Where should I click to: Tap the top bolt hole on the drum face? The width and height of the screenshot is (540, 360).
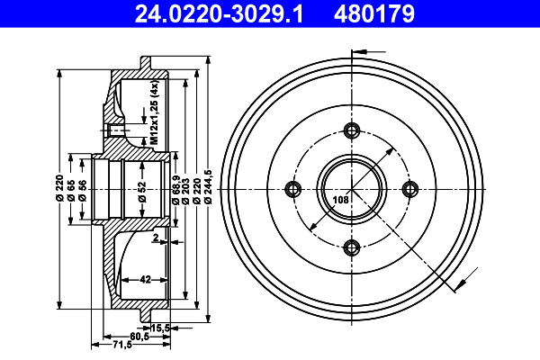[x=352, y=130]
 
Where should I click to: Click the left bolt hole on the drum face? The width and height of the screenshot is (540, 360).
[x=292, y=188]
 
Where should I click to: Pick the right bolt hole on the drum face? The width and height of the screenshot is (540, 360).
[x=411, y=188]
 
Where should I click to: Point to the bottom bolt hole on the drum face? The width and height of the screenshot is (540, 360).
[x=352, y=247]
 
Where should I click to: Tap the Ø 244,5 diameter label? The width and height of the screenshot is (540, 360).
[x=208, y=187]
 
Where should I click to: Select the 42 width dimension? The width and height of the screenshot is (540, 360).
[x=144, y=280]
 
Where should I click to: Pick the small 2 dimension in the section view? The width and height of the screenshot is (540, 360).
[x=155, y=238]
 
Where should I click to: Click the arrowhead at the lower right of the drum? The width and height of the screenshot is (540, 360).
[x=461, y=287]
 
